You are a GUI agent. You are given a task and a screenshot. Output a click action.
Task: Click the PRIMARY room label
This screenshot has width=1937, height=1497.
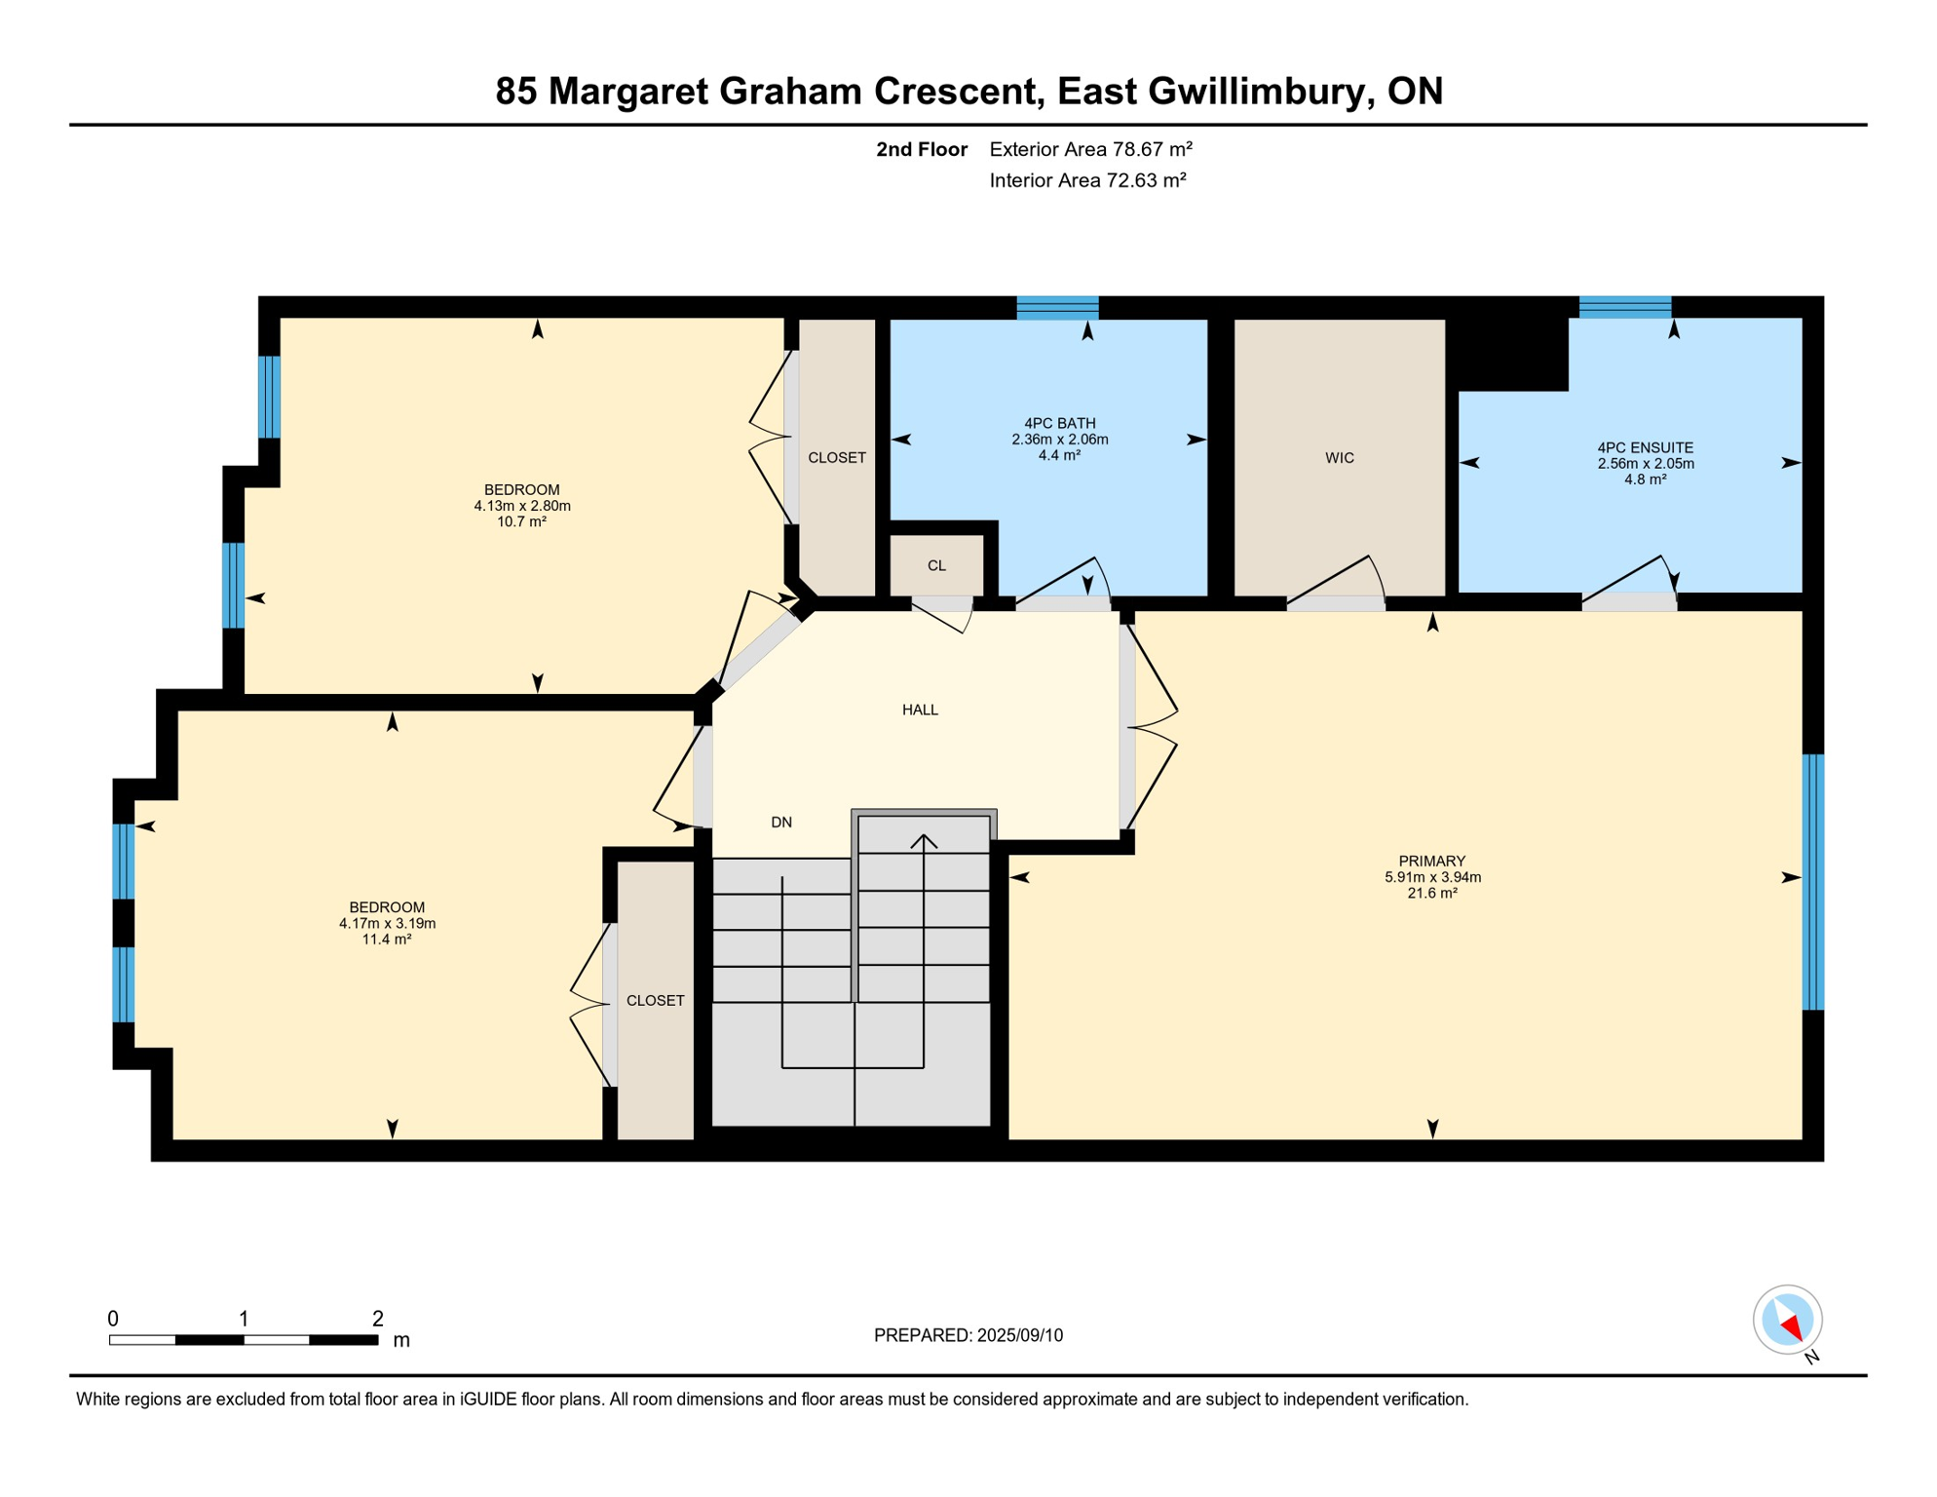tap(1431, 861)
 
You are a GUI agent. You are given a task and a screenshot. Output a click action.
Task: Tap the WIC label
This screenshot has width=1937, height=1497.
tap(1339, 458)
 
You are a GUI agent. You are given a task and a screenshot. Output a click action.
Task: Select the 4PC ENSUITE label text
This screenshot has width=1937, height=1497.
tap(1645, 448)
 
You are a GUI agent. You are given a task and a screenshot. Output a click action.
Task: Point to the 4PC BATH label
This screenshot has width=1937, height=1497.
tap(1059, 423)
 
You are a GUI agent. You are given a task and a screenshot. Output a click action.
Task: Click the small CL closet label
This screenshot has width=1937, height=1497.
tap(936, 565)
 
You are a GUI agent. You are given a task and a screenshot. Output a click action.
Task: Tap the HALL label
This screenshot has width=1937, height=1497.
tap(920, 710)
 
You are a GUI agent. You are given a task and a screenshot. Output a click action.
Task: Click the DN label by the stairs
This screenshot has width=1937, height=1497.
tap(781, 823)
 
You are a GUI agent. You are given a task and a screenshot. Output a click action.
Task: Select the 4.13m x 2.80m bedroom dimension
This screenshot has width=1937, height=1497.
tap(522, 506)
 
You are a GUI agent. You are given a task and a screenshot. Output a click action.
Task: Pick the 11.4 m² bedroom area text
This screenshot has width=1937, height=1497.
tap(387, 940)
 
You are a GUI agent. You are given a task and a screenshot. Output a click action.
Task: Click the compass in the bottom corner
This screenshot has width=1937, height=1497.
tap(1787, 1320)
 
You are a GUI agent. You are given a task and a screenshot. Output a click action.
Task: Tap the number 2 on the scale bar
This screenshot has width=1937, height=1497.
tap(378, 1319)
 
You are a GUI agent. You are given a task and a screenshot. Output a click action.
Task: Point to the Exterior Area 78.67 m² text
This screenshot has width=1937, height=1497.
tap(1090, 149)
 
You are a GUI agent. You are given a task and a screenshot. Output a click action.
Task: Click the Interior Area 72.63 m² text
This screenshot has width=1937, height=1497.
tap(1087, 180)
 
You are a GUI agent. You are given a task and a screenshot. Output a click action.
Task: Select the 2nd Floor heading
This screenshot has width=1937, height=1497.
tap(921, 149)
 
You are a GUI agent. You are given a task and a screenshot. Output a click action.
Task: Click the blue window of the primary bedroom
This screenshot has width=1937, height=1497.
tap(1812, 882)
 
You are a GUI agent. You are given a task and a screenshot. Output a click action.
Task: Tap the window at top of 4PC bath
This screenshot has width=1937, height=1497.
tap(1057, 308)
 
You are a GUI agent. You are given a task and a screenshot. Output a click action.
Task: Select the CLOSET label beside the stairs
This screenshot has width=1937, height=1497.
tap(655, 1001)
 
